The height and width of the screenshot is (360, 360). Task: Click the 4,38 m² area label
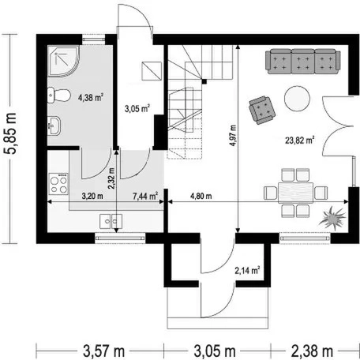[x=90, y=98]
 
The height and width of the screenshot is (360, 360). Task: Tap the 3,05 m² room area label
[x=137, y=108]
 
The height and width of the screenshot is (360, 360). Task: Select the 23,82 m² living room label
[x=300, y=141]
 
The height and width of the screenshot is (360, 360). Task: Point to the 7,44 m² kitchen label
[x=145, y=196]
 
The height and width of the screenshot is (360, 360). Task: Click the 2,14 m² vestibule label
[x=247, y=271]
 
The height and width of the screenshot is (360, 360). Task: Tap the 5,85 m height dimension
[x=11, y=133]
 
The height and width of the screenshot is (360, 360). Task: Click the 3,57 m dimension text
[x=104, y=351]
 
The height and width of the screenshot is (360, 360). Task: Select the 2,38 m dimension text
[x=312, y=351]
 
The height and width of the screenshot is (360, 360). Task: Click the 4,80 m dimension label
[x=201, y=196]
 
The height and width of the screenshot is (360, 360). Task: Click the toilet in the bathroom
[x=59, y=96]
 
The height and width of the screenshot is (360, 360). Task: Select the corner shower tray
[x=63, y=61]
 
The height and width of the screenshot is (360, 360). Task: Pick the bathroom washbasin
[x=54, y=126]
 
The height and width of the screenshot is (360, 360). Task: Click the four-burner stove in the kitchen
[x=58, y=184]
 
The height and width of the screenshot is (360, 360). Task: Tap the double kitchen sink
[x=111, y=221]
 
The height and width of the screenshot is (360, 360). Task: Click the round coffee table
[x=297, y=99]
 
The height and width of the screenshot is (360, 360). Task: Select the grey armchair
[x=262, y=110]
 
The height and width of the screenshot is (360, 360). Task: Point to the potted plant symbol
[x=332, y=218]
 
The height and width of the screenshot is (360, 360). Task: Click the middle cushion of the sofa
[x=303, y=62]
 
